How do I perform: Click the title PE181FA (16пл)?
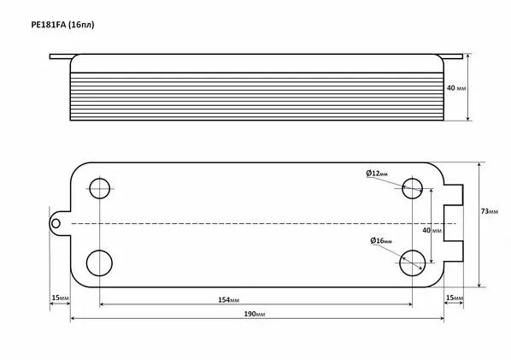62,25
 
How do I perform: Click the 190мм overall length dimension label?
255,314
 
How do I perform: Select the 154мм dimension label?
228,299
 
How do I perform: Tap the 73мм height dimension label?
490,211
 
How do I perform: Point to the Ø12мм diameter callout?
377,174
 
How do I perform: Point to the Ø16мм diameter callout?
381,240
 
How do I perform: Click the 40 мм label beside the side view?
456,88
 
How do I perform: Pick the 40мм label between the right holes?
432,231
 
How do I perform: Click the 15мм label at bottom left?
61,298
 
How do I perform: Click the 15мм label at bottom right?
455,298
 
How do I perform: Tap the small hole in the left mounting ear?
56,224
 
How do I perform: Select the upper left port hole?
99,188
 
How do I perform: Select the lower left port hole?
99,263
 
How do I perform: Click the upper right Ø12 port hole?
412,188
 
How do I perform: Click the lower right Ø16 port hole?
412,263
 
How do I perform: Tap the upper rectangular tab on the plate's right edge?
453,195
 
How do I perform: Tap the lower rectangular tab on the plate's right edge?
453,251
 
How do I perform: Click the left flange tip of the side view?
50,56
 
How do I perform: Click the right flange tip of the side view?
462,56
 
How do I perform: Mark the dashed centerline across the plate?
263,224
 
